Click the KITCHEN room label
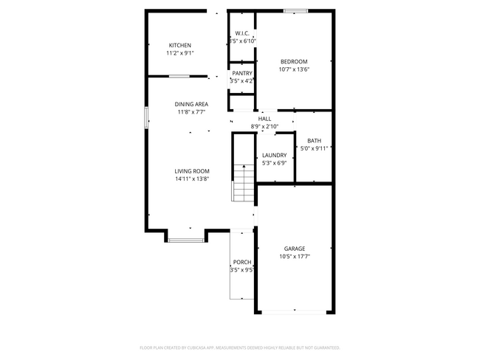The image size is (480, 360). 179,46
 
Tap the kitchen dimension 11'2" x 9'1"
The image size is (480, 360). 179,53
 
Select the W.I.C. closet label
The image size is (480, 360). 241,34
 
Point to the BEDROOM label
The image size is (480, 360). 293,61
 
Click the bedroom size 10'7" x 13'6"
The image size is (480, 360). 293,69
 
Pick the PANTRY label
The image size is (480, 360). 242,74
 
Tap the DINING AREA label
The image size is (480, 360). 191,105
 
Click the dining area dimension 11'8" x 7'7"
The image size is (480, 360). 191,112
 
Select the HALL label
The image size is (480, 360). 264,119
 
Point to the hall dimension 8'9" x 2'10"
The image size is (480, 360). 264,126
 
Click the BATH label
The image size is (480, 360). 314,141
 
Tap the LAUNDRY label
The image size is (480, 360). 274,155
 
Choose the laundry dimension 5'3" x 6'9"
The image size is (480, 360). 274,163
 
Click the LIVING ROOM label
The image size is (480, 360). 192,171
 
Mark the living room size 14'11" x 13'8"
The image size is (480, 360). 192,179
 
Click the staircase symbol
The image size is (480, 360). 244,183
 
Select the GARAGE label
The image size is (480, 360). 294,249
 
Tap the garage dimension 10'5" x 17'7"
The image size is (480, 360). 294,257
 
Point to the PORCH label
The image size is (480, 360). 241,263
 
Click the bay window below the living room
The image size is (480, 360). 185,239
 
